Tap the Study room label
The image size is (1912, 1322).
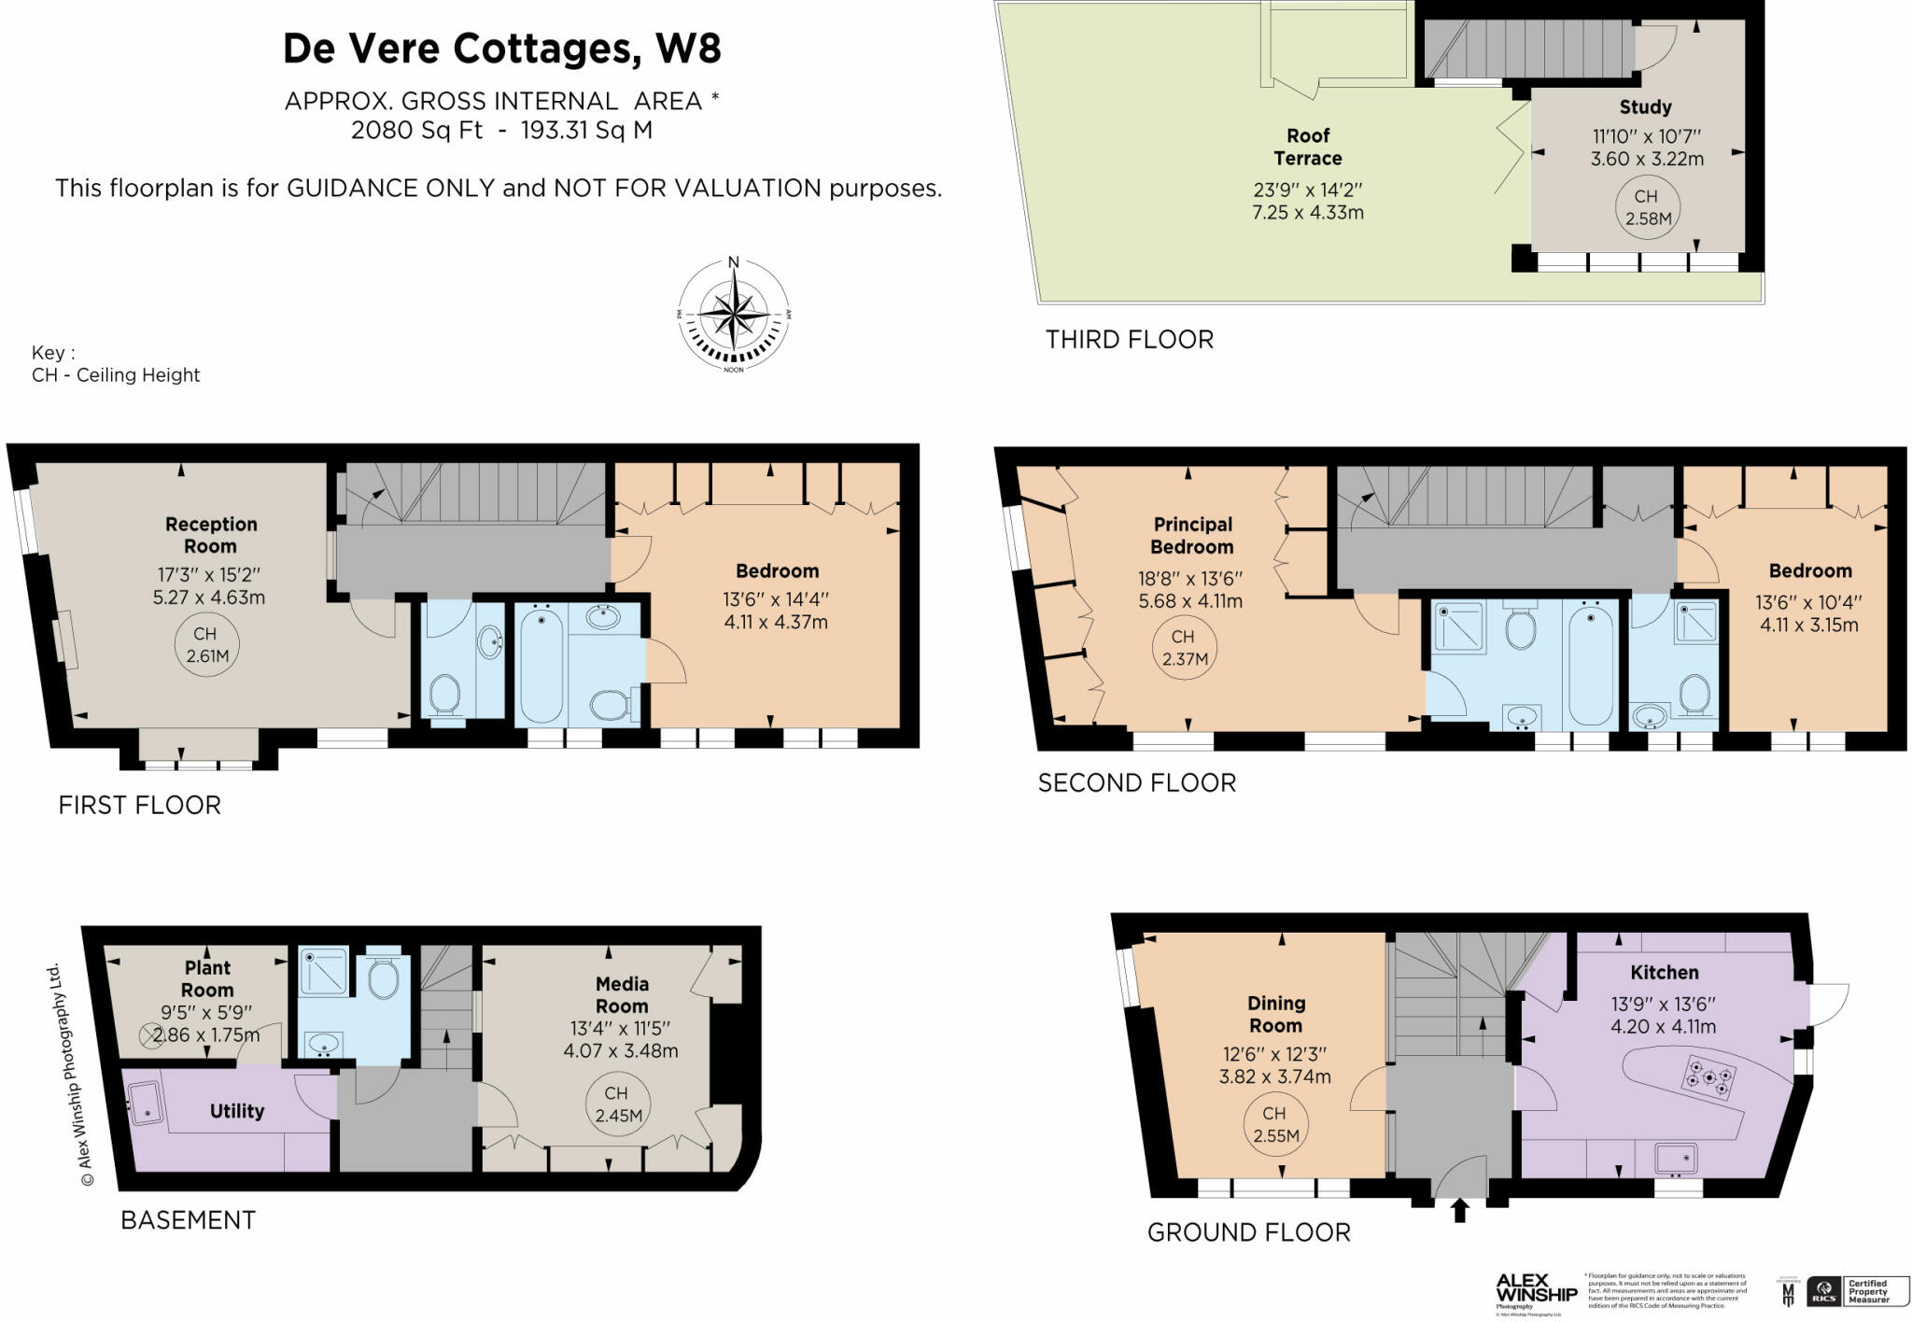click(1645, 107)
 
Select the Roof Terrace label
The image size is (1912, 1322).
click(1307, 147)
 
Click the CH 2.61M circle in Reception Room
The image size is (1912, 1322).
click(206, 645)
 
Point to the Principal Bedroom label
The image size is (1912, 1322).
click(1192, 535)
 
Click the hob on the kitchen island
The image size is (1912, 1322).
click(1709, 1076)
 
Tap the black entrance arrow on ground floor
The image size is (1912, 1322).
click(1460, 1211)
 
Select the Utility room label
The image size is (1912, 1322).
click(236, 1111)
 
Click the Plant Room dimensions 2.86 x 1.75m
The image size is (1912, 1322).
click(206, 1034)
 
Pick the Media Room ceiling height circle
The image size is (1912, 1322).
click(616, 1104)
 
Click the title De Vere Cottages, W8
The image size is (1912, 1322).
click(501, 49)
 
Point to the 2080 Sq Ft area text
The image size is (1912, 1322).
click(416, 130)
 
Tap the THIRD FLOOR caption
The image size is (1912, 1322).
click(1129, 340)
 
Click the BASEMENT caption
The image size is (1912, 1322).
click(188, 1220)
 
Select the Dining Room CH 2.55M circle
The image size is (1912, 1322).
click(1274, 1124)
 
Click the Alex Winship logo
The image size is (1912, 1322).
click(1536, 1289)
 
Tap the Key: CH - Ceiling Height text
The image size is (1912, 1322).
click(115, 364)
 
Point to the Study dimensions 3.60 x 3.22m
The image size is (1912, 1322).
click(1647, 159)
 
